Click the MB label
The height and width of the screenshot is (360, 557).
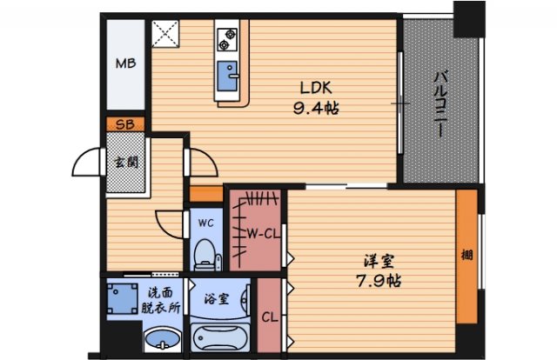[125, 63]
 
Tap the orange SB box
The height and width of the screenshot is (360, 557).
[125, 124]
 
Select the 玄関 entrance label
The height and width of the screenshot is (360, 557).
[125, 163]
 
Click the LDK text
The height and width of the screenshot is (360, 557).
[316, 88]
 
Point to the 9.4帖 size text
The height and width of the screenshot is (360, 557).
[316, 108]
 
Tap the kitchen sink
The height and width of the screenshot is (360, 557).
[227, 76]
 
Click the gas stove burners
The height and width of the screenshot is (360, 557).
[227, 39]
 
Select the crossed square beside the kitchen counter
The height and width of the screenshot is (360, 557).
[165, 33]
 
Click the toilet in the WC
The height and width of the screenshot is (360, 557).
[206, 255]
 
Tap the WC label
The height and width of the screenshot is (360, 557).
[206, 223]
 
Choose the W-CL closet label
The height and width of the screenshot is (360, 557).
[263, 233]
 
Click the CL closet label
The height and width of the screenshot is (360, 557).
[270, 317]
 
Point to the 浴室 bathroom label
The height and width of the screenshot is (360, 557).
[216, 299]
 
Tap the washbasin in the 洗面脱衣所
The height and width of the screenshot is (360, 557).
[163, 340]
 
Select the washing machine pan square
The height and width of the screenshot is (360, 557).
[122, 298]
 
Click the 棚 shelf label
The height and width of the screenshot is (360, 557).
[466, 255]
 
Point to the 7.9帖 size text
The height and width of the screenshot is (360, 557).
[379, 282]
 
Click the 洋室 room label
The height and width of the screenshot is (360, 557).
[379, 262]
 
